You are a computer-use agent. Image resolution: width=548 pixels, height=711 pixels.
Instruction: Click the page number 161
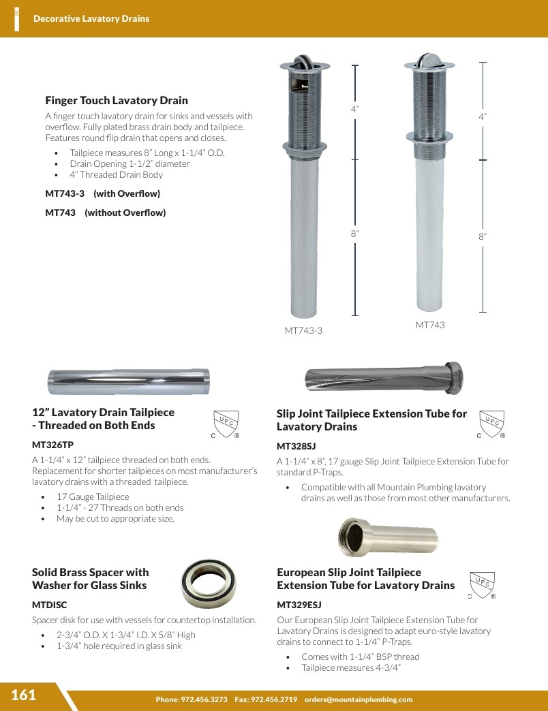[23, 695]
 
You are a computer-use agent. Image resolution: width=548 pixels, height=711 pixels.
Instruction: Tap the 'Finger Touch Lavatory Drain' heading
[116, 100]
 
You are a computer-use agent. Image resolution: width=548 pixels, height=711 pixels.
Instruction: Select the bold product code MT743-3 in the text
[65, 193]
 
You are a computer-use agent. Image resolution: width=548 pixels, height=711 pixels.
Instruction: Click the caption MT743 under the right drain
[430, 325]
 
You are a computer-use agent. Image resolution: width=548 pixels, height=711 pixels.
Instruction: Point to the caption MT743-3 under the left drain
[303, 330]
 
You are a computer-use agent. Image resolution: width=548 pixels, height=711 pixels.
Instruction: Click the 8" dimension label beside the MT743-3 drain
[354, 234]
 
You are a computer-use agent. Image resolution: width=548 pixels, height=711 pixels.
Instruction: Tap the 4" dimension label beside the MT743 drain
[483, 116]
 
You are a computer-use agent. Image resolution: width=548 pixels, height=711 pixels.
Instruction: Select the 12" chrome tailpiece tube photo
[129, 382]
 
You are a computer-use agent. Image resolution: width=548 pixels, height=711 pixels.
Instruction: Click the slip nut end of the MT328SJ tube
[454, 377]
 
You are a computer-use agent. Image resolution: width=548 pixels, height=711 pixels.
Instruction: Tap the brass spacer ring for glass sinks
[208, 583]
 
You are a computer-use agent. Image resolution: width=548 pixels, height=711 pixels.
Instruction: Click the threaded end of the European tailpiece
[352, 537]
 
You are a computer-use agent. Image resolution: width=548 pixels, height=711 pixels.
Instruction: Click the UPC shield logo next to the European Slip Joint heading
[482, 585]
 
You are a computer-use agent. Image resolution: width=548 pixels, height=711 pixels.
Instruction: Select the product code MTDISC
[50, 605]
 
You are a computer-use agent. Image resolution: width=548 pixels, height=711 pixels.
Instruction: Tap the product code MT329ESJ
[299, 605]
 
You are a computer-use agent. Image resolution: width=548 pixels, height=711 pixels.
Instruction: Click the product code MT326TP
[52, 445]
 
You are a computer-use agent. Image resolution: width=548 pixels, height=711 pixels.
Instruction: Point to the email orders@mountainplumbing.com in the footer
[359, 699]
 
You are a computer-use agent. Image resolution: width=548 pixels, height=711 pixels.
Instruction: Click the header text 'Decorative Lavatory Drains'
[91, 18]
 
